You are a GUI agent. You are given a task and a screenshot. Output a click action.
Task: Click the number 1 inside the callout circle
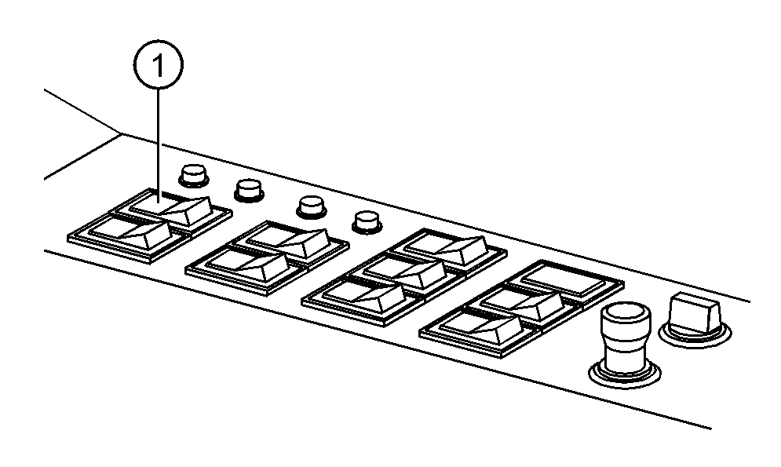pos(159,65)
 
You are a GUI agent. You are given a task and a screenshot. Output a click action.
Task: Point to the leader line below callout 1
pos(159,145)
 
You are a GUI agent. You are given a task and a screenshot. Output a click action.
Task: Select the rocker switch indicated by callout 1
pos(170,209)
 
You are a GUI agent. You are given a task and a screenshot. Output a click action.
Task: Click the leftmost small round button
pos(193,176)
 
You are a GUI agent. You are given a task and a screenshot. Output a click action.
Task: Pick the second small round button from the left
pos(249,190)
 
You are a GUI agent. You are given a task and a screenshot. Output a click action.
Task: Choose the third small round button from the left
pos(312,206)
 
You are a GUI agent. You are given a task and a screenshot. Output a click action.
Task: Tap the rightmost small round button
pos(367,223)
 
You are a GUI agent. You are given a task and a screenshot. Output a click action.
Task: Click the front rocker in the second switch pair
pos(247,266)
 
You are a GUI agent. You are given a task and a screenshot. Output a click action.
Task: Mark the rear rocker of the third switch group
pos(446,249)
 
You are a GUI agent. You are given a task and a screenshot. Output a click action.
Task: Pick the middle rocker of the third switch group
pos(404,272)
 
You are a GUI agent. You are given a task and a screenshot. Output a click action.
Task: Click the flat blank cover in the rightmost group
pos(565,279)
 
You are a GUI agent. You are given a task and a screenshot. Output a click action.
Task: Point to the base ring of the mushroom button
pos(625,376)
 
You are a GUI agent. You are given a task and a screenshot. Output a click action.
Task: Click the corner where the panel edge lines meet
pos(120,133)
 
